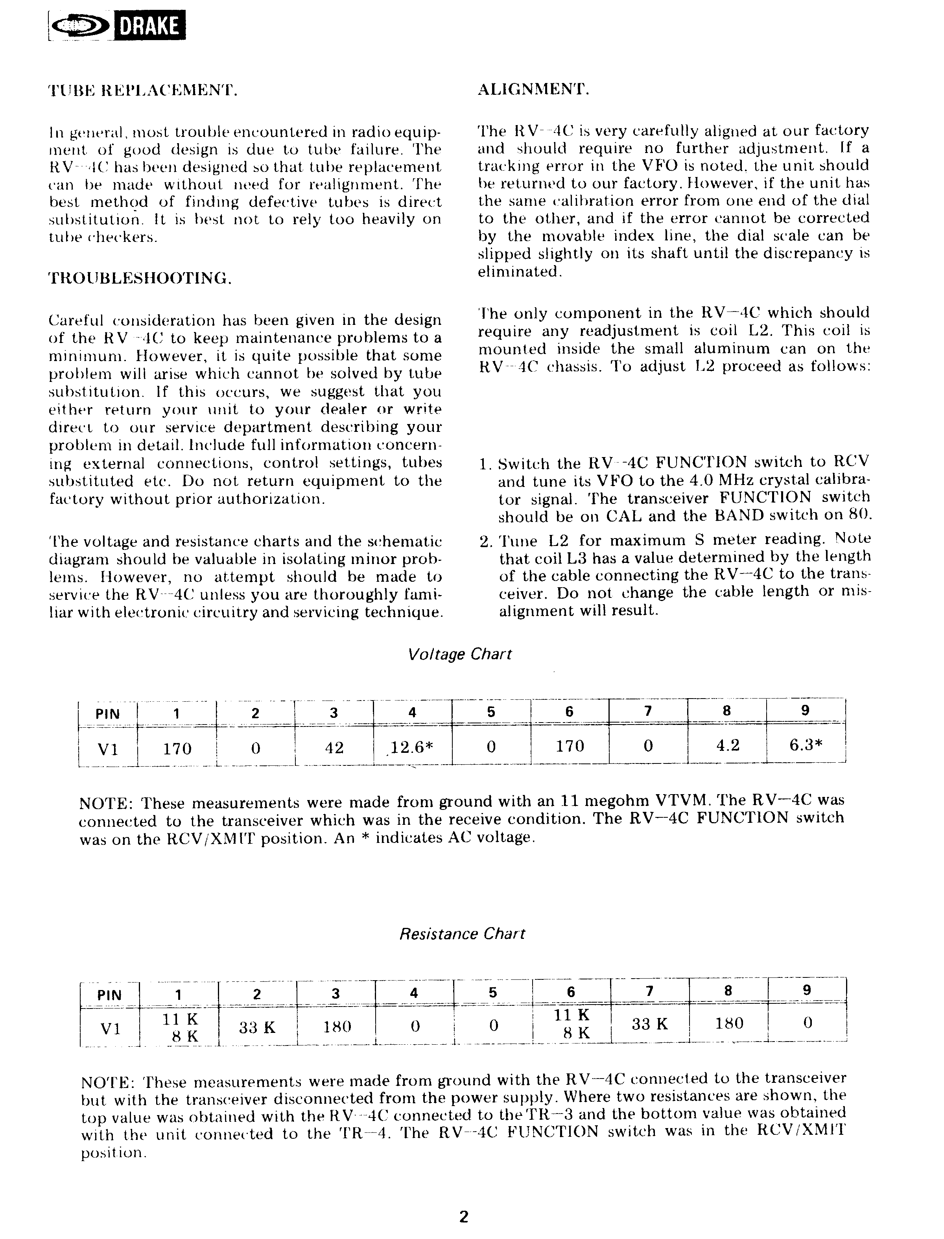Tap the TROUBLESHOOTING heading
click(140, 278)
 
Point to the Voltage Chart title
click(460, 655)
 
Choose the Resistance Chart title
click(462, 934)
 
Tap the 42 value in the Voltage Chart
click(334, 747)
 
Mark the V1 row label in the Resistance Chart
click(110, 1028)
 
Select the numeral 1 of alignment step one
click(483, 464)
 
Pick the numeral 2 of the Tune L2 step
click(485, 542)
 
